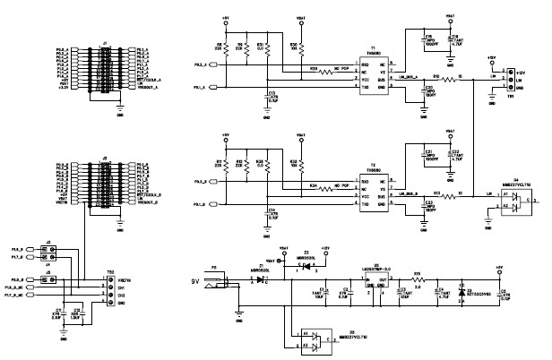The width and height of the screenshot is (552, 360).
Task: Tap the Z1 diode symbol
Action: pyautogui.click(x=261, y=279)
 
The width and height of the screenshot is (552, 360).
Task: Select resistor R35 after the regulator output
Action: pyautogui.click(x=418, y=279)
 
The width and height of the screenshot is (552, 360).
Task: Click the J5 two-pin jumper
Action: pyautogui.click(x=53, y=279)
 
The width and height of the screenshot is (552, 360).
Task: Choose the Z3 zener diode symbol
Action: pyautogui.click(x=461, y=292)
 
